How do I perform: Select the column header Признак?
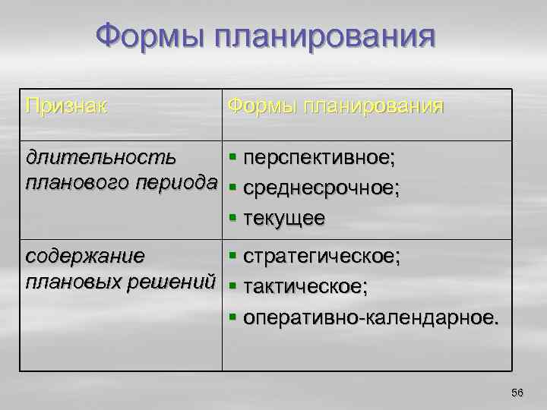coord(66,105)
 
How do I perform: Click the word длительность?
coord(101,157)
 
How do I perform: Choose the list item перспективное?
coord(320,158)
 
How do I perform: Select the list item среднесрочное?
coord(320,188)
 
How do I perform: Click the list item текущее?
coord(284,218)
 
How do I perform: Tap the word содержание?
coord(84,255)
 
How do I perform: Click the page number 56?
coord(517,392)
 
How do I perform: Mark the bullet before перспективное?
coord(232,159)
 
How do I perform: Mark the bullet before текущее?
coord(232,219)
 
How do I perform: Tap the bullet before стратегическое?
coord(232,257)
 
